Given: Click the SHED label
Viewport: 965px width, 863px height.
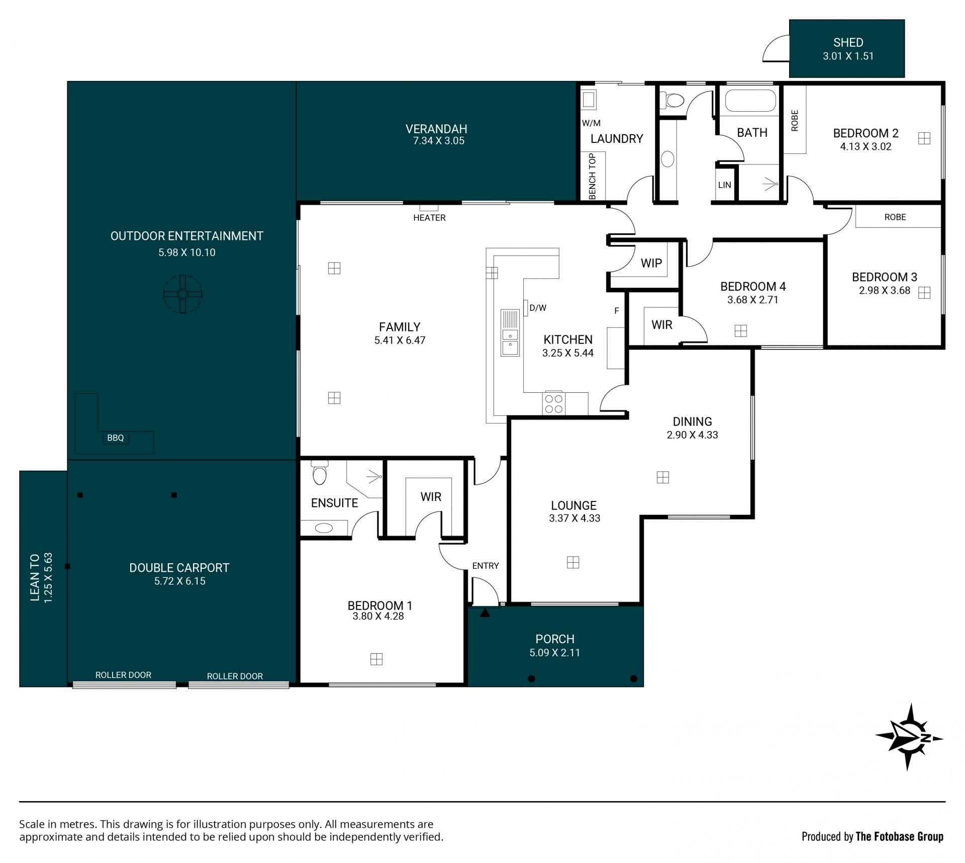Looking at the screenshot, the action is coord(848,42).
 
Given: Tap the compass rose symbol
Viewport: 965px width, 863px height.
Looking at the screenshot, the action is coord(909,737).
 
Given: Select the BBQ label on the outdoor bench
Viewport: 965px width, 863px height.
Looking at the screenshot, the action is coord(115,438).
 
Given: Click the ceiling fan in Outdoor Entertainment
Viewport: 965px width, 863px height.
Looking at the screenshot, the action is coord(183,294).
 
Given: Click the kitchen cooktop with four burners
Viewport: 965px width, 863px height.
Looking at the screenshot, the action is coord(553,404).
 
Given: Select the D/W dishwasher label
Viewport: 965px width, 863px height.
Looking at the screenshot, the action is coord(538,308).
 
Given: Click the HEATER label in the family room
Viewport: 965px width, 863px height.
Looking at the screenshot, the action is coord(429,218).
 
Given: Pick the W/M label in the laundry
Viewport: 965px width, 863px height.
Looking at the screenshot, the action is coord(591,123).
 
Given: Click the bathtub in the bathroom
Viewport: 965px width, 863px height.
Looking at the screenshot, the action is coord(751,100).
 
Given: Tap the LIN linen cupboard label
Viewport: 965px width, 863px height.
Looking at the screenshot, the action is coord(724,185).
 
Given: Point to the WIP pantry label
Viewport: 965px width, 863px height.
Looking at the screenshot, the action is coord(651,263).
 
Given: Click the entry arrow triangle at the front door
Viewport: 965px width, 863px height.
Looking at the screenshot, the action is coord(485,613).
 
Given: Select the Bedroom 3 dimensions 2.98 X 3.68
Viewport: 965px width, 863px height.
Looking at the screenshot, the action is coord(885,290).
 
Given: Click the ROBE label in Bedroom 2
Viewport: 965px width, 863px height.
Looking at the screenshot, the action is coord(795,121).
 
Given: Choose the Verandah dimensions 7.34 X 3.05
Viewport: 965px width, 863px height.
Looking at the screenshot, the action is coord(439,141).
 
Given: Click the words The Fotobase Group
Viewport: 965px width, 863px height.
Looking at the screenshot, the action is coord(900,837).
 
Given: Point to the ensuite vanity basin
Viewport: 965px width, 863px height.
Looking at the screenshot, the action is coord(324,528).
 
